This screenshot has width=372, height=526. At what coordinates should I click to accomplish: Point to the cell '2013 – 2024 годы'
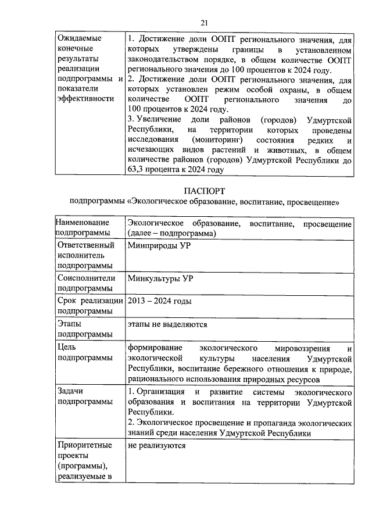[159, 301]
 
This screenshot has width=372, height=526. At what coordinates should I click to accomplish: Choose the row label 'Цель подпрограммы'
[85, 353]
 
